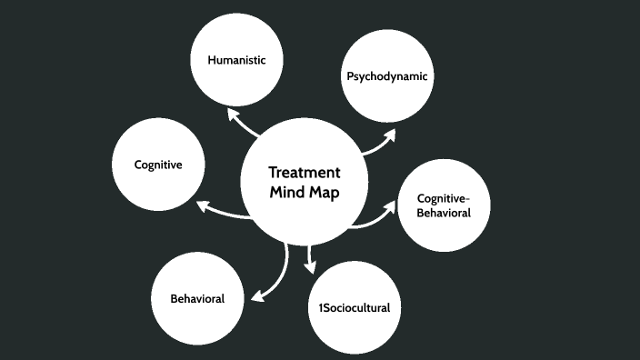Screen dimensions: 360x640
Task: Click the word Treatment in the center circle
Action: coord(305,173)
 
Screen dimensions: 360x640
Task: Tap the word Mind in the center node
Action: coord(287,193)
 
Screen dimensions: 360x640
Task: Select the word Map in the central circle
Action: coord(325,193)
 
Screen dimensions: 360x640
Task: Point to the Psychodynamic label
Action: coord(386,75)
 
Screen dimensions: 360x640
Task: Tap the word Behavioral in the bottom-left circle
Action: coord(197,298)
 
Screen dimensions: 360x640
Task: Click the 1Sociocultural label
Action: coord(354,307)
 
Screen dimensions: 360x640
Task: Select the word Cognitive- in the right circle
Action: coord(443,198)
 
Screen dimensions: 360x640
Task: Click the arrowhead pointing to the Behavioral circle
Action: coord(257,295)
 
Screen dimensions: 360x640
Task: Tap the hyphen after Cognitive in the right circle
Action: coord(466,199)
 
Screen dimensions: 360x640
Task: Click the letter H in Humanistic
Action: coord(212,60)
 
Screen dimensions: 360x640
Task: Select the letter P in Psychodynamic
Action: coord(350,75)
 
